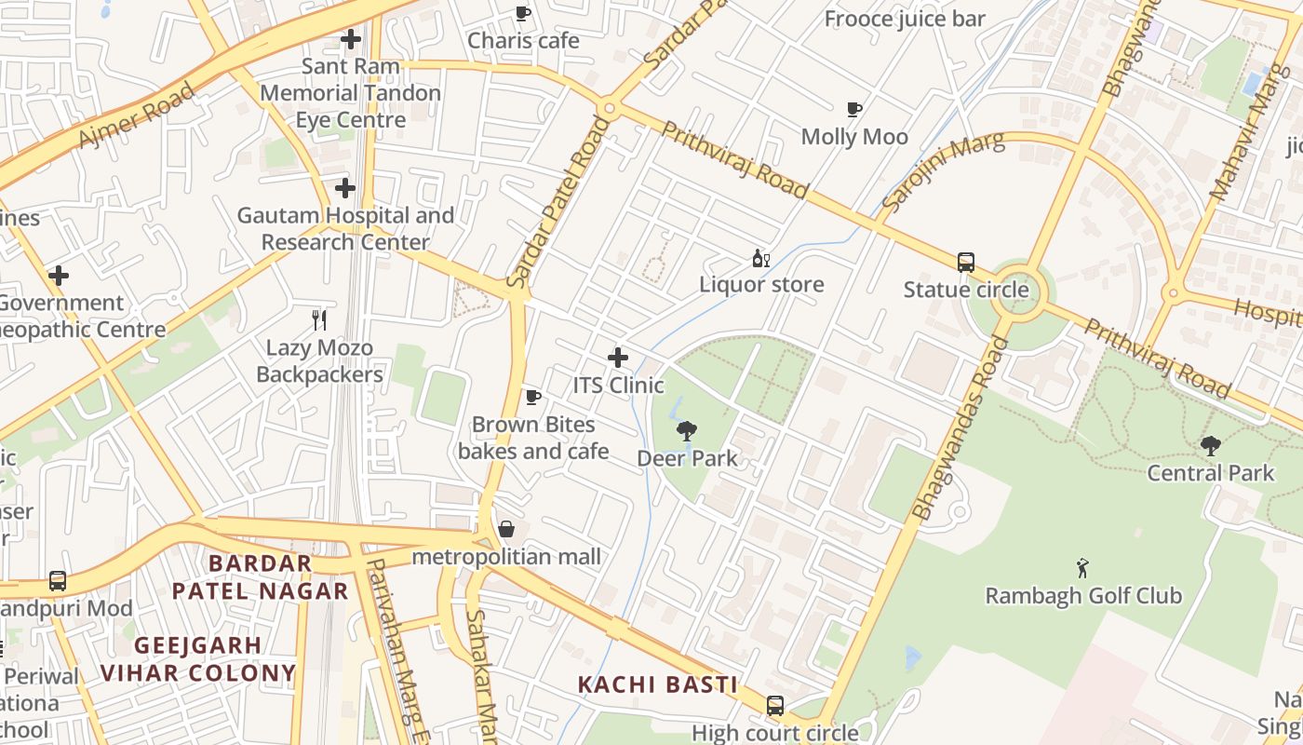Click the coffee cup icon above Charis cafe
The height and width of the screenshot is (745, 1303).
(x=523, y=13)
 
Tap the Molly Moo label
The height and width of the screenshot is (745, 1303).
(x=854, y=137)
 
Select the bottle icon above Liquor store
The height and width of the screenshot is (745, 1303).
(x=760, y=258)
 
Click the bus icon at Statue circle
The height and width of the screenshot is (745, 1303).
(x=966, y=263)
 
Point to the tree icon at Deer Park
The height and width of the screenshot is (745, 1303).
(x=687, y=430)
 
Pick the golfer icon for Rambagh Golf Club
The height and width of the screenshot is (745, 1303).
(x=1082, y=568)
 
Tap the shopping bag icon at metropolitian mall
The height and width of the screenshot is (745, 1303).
(x=506, y=530)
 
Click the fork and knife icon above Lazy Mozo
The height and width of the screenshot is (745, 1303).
(x=319, y=320)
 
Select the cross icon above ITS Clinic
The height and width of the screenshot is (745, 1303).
(x=618, y=358)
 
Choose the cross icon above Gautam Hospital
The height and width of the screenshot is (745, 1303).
(x=345, y=188)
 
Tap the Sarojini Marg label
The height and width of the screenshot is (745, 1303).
(x=944, y=170)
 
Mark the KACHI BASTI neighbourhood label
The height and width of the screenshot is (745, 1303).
(x=657, y=684)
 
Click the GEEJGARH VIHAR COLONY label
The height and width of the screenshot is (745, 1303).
(x=197, y=658)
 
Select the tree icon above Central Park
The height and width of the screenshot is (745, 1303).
(x=1210, y=446)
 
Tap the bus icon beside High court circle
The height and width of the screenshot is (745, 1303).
(x=775, y=706)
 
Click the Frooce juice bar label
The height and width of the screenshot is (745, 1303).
(x=905, y=19)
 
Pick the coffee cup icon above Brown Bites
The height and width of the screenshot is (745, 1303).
(x=532, y=398)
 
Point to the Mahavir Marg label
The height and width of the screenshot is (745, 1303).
(x=1239, y=132)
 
